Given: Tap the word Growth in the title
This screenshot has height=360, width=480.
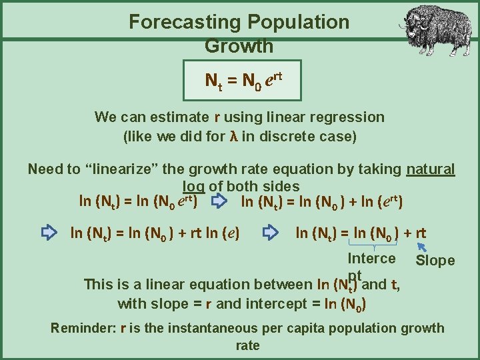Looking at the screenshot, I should tap(239, 46).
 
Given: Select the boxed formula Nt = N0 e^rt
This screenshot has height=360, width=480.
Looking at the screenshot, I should tap(243, 81).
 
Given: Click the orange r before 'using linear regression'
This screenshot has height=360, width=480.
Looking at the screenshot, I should tap(217, 117).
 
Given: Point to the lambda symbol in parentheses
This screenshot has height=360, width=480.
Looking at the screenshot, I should tap(233, 138).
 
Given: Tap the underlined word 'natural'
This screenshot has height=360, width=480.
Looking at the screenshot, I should tap(431, 169).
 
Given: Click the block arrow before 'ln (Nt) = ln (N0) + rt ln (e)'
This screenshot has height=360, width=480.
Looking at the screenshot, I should tap(49, 233).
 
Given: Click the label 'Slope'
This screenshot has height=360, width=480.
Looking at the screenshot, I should tap(435, 261).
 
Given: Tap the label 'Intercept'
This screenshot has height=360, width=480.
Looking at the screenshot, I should tap(371, 259).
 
